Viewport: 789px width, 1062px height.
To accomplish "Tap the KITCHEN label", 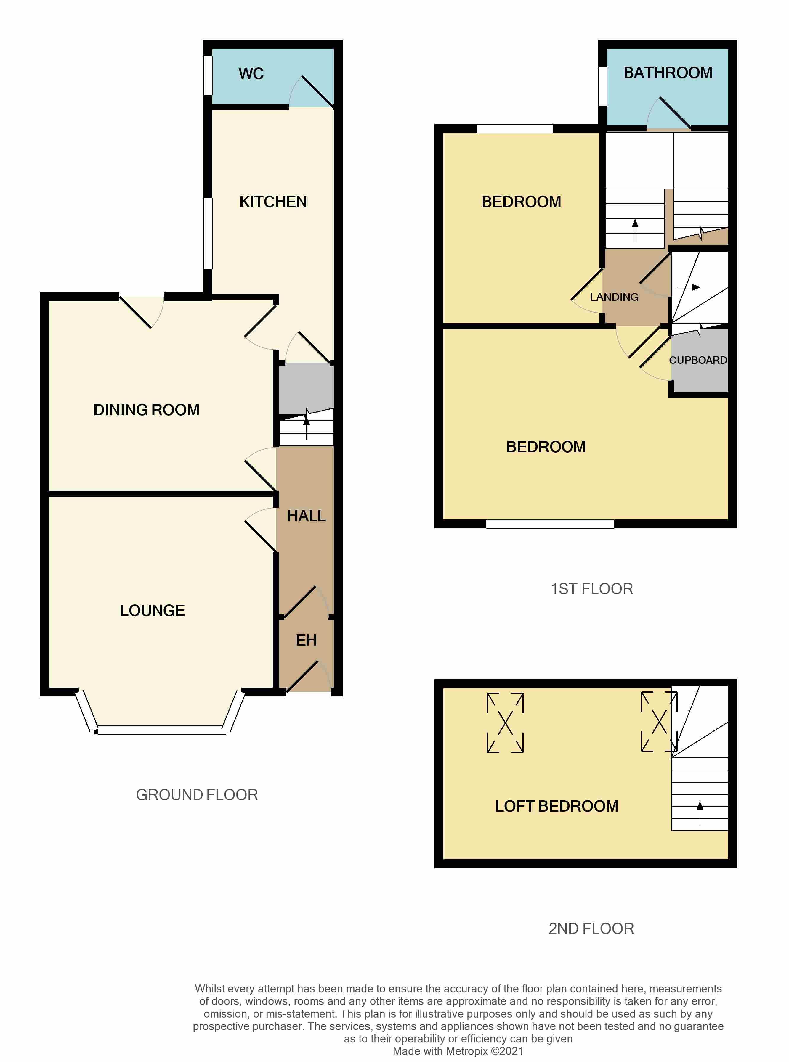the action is [273, 202].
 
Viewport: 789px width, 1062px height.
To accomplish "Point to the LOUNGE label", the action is [152, 610].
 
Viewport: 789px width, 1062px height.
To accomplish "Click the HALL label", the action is [306, 516].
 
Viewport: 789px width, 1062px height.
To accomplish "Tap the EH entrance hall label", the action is [306, 640].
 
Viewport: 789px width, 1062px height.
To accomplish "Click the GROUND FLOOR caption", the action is [197, 795].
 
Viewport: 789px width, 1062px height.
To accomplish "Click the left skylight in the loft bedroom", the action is [505, 722].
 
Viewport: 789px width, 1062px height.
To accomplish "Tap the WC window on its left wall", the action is [208, 75].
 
